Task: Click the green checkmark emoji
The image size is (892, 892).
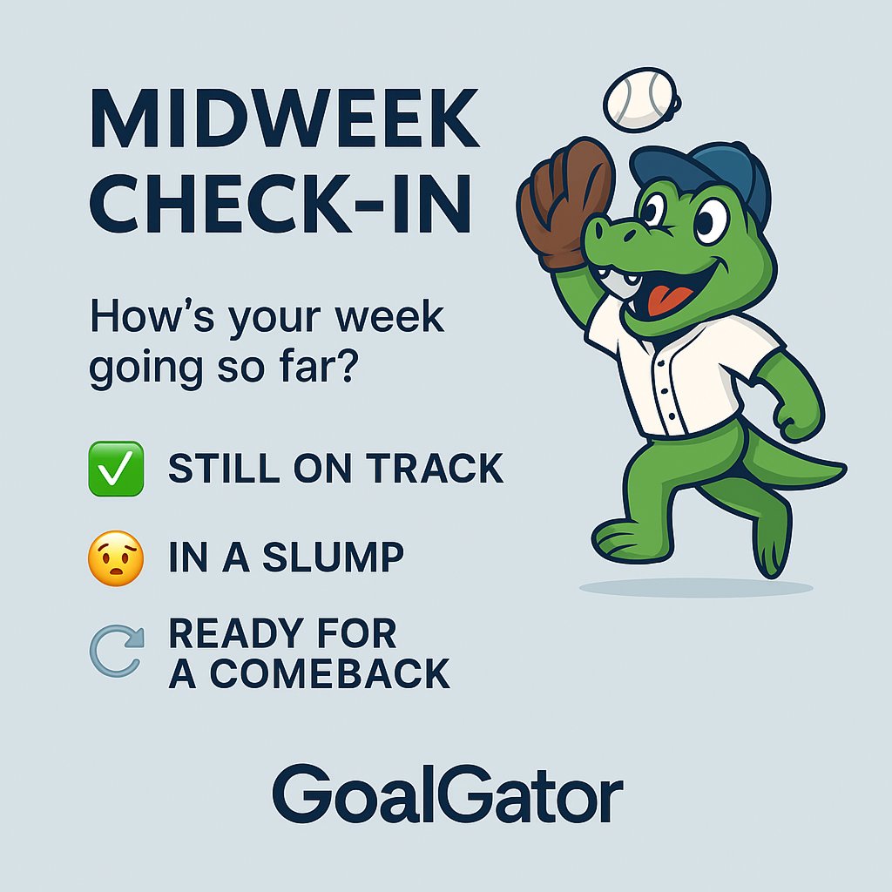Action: [116, 469]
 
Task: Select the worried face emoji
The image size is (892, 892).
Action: [116, 557]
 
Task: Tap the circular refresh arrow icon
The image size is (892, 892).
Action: [116, 652]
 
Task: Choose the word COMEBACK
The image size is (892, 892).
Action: [330, 673]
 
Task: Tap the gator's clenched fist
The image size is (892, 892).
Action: [797, 424]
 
